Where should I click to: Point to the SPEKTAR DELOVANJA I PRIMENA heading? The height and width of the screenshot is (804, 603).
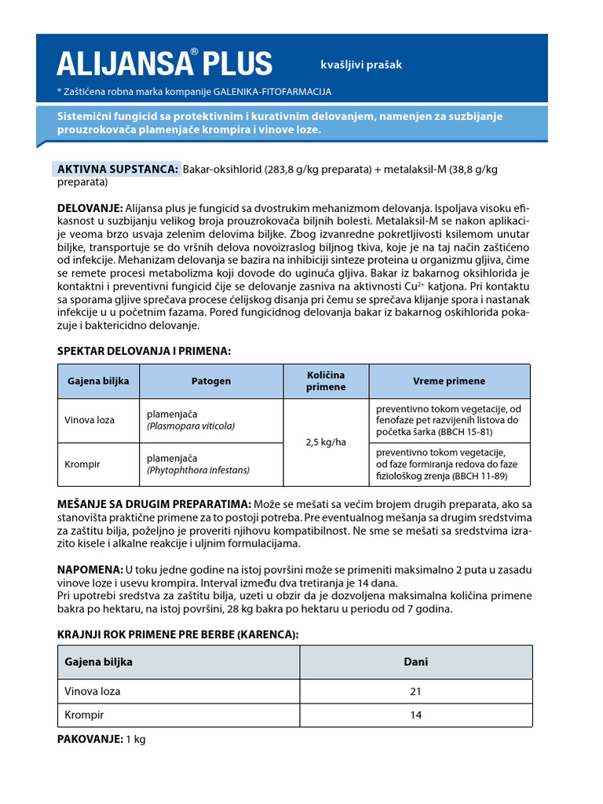[144, 351]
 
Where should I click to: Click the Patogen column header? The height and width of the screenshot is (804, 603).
[211, 382]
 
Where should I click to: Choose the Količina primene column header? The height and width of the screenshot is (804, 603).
[325, 381]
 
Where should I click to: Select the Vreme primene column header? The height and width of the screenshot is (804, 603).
[449, 382]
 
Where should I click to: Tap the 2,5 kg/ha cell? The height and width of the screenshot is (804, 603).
[325, 442]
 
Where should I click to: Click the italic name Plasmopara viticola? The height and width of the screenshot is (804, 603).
[191, 426]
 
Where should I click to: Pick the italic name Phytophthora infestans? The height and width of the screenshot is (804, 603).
[198, 470]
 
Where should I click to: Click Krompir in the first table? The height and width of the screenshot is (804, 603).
[83, 464]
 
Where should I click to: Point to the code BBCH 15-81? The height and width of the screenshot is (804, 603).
[463, 432]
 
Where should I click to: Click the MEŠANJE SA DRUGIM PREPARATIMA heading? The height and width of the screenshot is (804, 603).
[154, 503]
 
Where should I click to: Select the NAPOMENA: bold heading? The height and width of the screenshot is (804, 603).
[90, 569]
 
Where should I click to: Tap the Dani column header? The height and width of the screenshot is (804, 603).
[415, 662]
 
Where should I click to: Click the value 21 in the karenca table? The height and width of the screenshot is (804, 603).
[415, 692]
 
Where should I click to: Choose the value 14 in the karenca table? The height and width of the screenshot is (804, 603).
[415, 715]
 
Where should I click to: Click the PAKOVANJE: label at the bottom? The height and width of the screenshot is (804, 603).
[90, 740]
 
